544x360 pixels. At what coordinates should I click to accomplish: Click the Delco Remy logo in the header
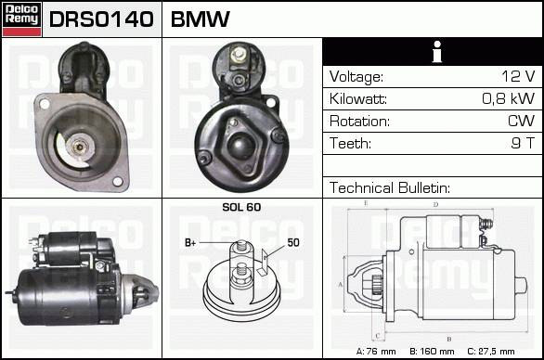click(22, 19)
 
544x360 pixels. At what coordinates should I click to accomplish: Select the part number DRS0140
click(101, 19)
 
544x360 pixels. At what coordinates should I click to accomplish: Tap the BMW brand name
click(201, 19)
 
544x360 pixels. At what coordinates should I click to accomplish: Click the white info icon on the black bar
click(437, 52)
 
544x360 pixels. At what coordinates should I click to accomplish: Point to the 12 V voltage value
click(518, 76)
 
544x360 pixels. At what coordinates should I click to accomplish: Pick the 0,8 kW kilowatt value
click(509, 98)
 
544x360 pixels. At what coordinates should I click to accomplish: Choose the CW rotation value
click(521, 121)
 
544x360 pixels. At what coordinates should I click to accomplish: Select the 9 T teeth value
click(523, 143)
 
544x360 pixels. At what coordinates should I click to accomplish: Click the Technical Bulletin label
click(390, 187)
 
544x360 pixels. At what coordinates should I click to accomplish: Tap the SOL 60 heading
click(241, 207)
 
